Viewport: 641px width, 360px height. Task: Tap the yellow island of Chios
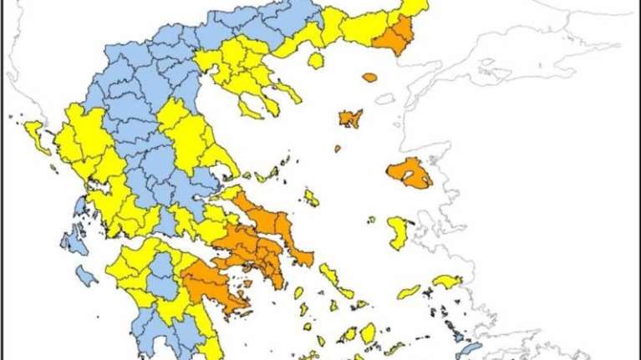pos(399,232)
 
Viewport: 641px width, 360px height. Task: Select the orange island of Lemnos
pos(350,118)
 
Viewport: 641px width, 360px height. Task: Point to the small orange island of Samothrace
pos(369,78)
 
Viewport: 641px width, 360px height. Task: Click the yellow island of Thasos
pos(316,60)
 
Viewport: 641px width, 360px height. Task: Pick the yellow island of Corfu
pos(36,137)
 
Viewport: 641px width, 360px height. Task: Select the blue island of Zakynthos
pos(85,275)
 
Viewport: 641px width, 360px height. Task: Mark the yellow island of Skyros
pos(311,198)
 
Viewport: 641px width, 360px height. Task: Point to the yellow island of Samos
pos(447,281)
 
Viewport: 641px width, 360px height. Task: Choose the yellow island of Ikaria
pos(409,292)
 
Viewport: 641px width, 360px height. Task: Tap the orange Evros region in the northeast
pos(395,35)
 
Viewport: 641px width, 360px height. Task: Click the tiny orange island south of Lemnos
pos(337,150)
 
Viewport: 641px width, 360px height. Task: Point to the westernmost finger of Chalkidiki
pos(249,106)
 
